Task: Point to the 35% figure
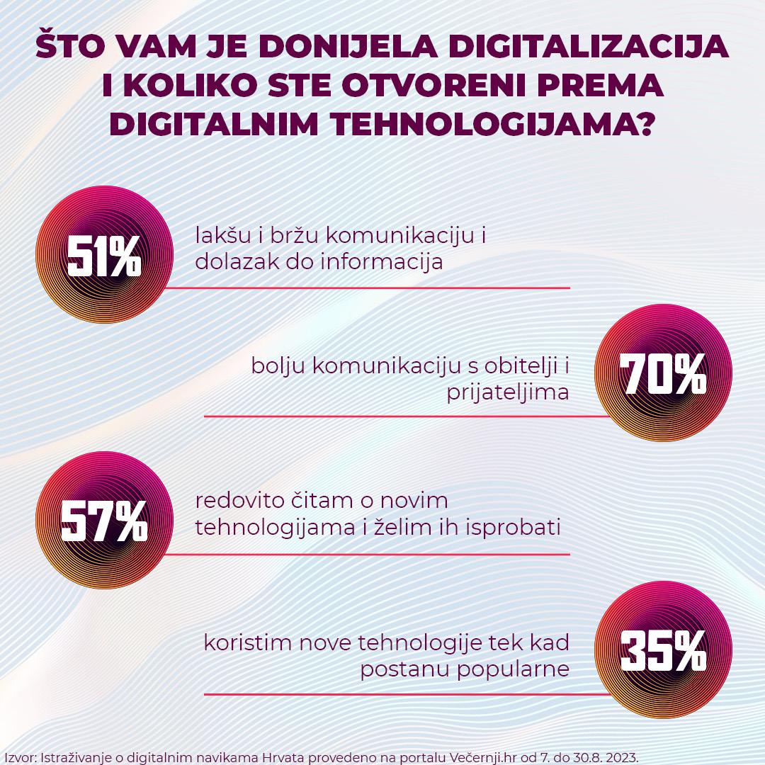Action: point(663,651)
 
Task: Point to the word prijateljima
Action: point(508,392)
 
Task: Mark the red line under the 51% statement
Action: point(368,288)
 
